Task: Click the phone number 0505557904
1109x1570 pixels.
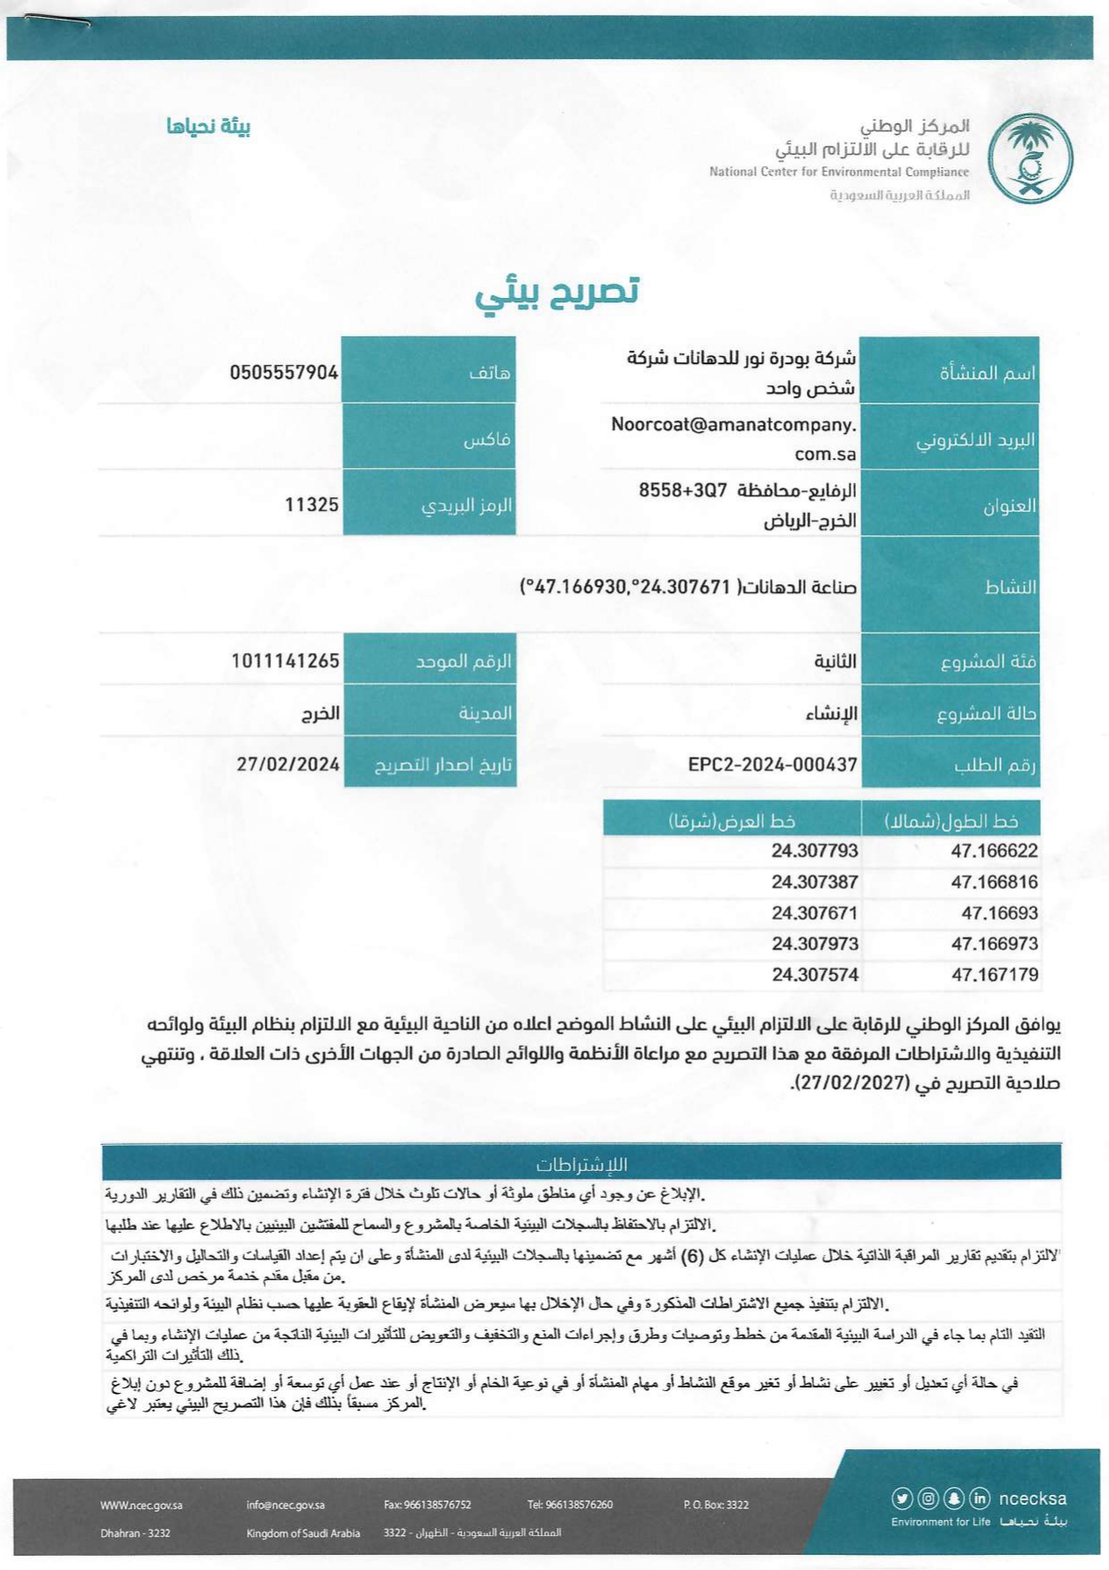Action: point(284,372)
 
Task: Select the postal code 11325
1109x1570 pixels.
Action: point(311,505)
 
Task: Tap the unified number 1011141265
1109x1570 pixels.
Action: point(285,661)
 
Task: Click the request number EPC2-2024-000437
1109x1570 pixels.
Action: point(773,765)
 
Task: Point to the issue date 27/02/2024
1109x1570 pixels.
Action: point(288,764)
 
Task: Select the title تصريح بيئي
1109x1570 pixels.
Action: point(556,293)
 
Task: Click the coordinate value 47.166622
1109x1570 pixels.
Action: point(994,851)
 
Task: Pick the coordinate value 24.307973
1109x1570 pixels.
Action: point(815,944)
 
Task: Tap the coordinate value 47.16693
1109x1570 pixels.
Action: point(999,913)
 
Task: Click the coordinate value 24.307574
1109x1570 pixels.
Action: point(815,975)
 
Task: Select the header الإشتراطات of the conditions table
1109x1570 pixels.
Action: point(581,1165)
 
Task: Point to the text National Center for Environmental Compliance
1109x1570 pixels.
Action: point(839,172)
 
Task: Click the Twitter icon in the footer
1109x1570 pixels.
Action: point(902,1498)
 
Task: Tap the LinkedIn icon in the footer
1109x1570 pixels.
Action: point(979,1498)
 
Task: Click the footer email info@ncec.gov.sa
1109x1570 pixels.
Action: point(285,1505)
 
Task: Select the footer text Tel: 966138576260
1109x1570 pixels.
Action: point(570,1505)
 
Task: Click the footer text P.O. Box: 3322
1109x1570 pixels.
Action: point(715,1505)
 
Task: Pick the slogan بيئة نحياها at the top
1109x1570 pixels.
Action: point(208,126)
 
